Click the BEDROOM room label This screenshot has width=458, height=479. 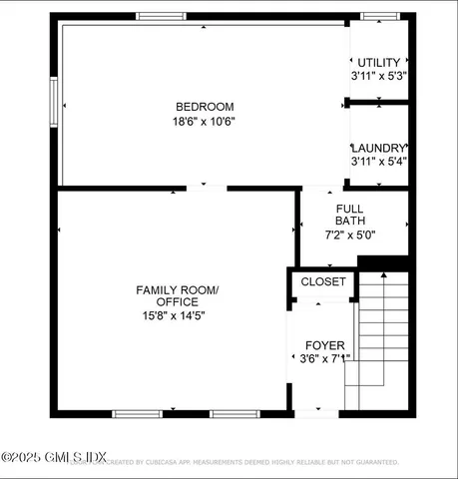(205, 107)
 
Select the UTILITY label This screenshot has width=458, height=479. (378, 62)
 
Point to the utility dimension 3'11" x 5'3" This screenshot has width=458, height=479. (378, 76)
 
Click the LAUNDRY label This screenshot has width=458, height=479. (378, 147)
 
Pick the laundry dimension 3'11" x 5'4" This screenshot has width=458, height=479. (378, 161)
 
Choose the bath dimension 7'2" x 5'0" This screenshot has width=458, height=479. (352, 235)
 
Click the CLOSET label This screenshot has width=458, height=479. (323, 282)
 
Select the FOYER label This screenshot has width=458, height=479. (324, 345)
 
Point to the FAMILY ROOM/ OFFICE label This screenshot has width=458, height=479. (177, 295)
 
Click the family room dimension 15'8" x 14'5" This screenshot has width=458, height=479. (177, 315)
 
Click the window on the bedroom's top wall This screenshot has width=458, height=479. (161, 16)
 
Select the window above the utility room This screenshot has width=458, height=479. (379, 16)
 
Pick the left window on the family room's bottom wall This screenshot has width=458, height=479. (137, 413)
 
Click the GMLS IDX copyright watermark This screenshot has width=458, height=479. (55, 457)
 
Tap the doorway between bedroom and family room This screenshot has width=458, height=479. (207, 188)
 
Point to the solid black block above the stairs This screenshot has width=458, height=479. (383, 262)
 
